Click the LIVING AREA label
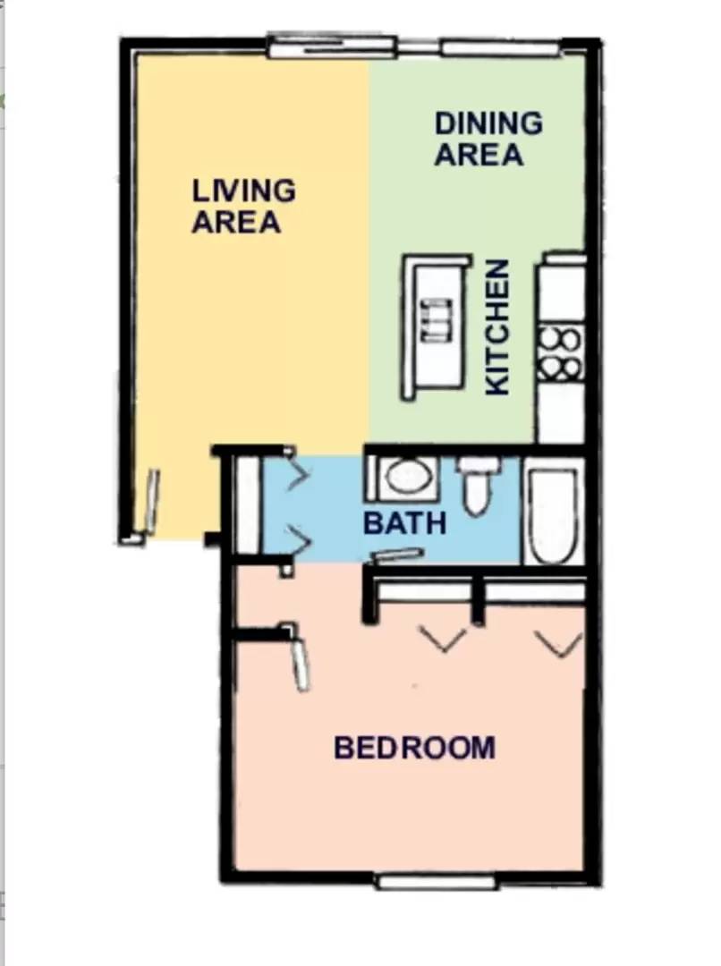point(243,206)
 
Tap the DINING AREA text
point(488,139)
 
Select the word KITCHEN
point(497,327)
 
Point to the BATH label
point(404,522)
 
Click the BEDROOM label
point(414,747)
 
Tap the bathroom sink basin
point(406,478)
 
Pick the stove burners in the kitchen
point(560,354)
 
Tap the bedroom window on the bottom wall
point(437,882)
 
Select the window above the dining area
point(500,47)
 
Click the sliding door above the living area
point(332,45)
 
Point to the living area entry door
point(152,499)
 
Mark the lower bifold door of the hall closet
point(296,538)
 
